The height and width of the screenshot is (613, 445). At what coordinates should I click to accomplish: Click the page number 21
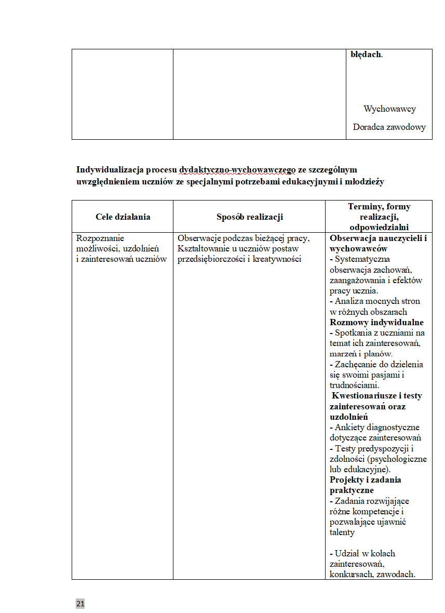click(x=80, y=604)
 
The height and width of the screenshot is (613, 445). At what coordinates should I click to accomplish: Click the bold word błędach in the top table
click(x=366, y=54)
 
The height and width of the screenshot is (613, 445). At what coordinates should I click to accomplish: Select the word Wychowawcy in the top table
click(x=389, y=109)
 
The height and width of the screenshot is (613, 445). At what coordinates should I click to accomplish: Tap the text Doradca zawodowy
click(x=389, y=127)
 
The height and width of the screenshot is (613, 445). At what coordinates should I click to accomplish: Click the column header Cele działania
click(x=123, y=217)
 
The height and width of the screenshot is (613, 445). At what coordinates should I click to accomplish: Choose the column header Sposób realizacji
click(x=250, y=217)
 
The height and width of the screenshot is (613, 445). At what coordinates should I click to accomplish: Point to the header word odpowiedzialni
click(x=379, y=227)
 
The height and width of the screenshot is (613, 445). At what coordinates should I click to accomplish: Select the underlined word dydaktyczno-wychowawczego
click(x=237, y=170)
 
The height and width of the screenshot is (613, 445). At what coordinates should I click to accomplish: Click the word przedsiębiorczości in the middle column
click(x=212, y=259)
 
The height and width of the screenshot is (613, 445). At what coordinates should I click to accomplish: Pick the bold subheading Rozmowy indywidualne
click(x=376, y=323)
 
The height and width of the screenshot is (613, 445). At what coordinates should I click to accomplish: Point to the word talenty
click(x=342, y=532)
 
